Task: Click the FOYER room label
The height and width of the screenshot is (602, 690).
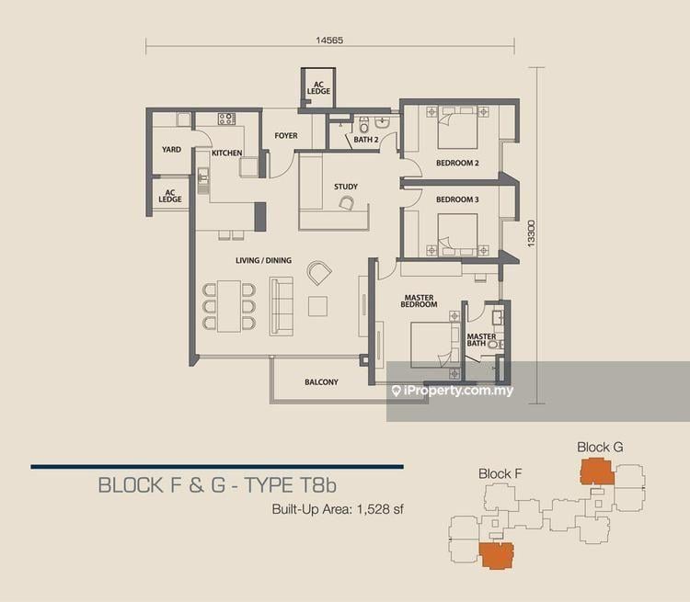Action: click(x=286, y=136)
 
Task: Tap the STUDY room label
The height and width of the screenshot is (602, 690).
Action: click(x=346, y=187)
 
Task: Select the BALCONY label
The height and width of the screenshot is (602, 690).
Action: click(x=321, y=382)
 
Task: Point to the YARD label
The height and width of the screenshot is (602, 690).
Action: click(x=171, y=150)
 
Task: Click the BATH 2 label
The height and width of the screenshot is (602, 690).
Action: click(x=366, y=140)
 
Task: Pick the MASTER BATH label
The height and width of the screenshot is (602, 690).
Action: click(x=481, y=340)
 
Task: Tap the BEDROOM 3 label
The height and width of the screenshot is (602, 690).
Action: click(x=457, y=199)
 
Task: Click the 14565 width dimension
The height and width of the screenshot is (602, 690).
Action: click(x=329, y=40)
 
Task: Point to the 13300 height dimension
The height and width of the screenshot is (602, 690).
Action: click(x=531, y=233)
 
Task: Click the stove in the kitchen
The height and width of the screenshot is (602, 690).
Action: click(x=226, y=119)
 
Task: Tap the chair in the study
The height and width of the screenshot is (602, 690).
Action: click(x=346, y=203)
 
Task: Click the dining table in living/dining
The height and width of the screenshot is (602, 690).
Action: click(x=229, y=306)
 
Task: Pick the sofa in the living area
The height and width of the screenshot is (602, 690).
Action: click(x=282, y=306)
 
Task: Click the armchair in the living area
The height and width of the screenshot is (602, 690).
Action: click(x=319, y=273)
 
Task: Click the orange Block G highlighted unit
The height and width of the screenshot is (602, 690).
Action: click(x=597, y=471)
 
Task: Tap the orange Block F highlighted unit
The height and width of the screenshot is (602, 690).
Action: click(x=497, y=556)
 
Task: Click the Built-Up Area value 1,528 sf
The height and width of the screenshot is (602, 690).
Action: click(x=380, y=509)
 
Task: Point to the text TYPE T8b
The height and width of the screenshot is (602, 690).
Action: click(x=291, y=485)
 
